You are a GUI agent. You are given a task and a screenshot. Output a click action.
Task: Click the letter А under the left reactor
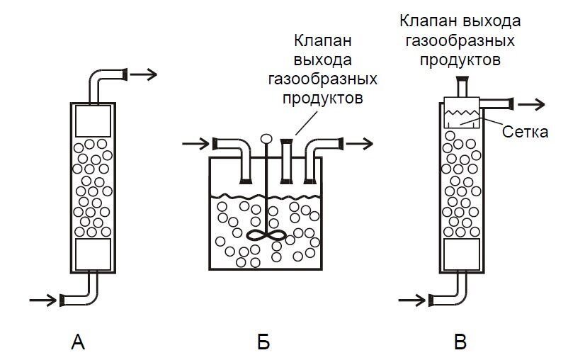point(79,343)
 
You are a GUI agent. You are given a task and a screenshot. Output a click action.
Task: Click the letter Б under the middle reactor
point(263,343)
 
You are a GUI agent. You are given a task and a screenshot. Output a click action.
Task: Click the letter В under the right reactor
point(461,343)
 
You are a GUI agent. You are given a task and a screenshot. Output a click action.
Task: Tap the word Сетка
point(525,131)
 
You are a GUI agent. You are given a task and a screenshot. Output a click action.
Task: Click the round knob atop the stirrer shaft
point(266,140)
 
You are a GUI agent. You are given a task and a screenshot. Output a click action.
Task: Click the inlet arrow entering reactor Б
point(195,145)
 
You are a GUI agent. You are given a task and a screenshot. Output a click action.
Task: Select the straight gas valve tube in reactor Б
point(288,162)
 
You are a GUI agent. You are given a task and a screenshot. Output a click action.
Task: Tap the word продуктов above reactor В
point(460,60)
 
